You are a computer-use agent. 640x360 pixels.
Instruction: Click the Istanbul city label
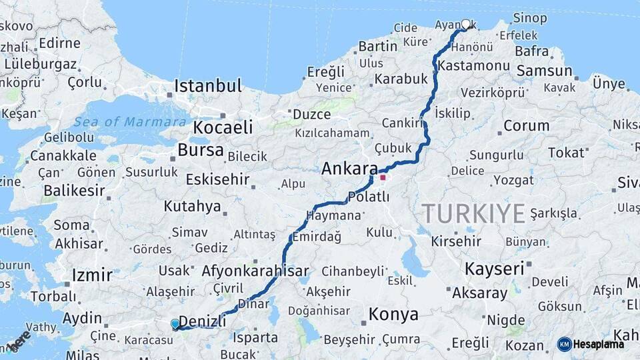pos(207,86)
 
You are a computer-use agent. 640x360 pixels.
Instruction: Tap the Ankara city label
pos(349,169)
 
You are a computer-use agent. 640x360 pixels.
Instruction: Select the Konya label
pos(393,314)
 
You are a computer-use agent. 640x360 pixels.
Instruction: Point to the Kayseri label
pos(494,269)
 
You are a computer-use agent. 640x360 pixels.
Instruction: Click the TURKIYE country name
pos(473,214)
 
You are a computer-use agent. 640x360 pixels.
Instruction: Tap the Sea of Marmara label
pos(130,122)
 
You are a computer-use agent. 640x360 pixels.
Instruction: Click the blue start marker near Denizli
pos(175,324)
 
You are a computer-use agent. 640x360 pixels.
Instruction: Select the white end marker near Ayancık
pos(465,24)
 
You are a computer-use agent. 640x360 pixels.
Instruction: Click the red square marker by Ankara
pos(383,177)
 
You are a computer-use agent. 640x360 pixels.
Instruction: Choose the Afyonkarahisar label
pos(255,271)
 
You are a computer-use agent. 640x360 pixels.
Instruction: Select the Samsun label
pos(544,71)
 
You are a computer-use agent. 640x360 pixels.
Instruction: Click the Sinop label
pos(530,19)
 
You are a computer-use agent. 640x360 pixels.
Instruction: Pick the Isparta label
pos(255,337)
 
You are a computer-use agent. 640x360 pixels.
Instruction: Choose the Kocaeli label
pos(223,127)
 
